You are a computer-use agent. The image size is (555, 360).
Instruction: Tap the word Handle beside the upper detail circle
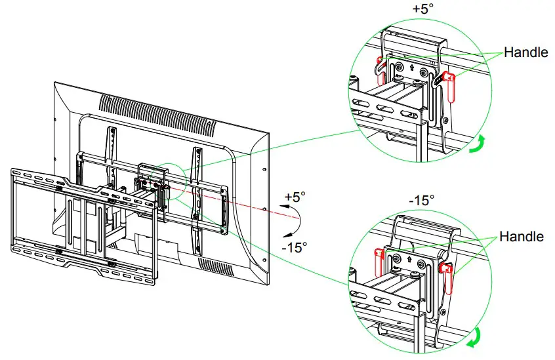tap(525, 52)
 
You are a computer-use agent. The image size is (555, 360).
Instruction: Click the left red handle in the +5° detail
tap(379, 65)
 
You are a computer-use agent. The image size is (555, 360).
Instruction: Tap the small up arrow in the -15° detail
tap(409, 258)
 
